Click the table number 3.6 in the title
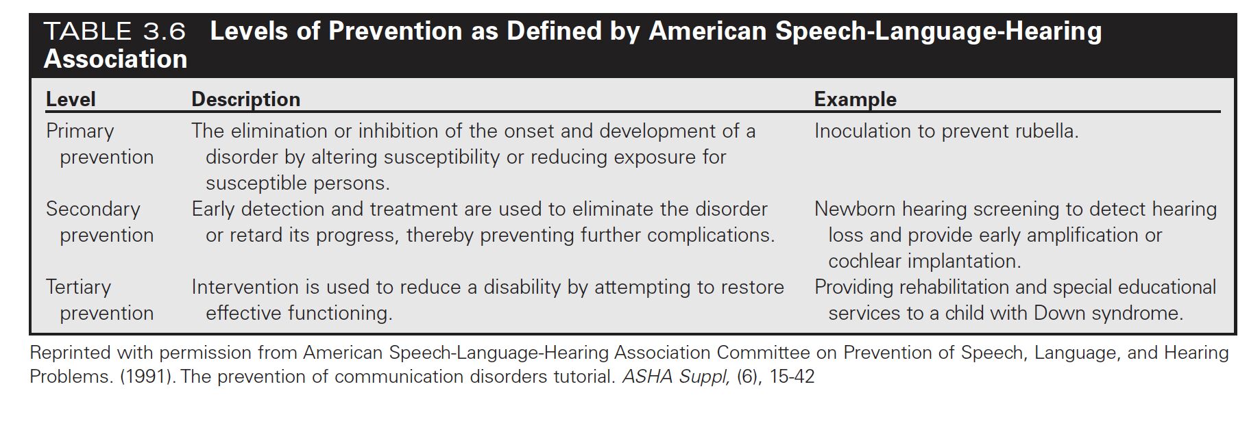pyautogui.click(x=164, y=31)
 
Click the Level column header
pyautogui.click(x=71, y=99)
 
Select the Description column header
pyautogui.click(x=245, y=99)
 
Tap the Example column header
pyautogui.click(x=855, y=99)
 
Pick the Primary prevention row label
pyautogui.click(x=100, y=144)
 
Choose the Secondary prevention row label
pyautogui.click(x=100, y=222)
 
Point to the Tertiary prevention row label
pyautogui.click(x=100, y=300)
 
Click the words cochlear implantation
pyautogui.click(x=924, y=261)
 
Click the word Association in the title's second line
pyautogui.click(x=116, y=60)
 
